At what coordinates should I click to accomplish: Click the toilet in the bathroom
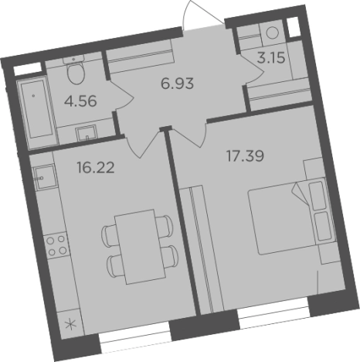pos(75,74)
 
